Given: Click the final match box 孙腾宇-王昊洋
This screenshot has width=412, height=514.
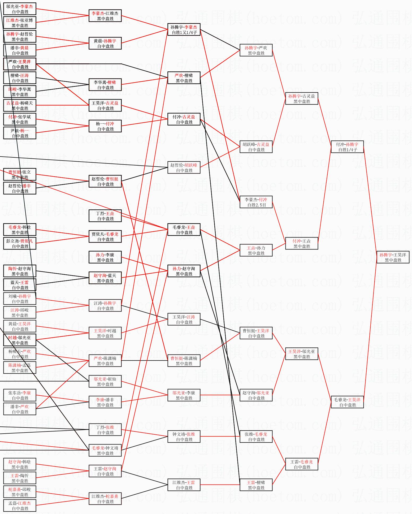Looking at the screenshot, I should coord(393,257).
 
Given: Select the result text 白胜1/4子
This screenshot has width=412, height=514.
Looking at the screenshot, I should coord(348,150).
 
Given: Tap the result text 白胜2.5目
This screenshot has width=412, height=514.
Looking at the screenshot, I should coord(256,205).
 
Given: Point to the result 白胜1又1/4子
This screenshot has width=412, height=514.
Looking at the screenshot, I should coord(184,32).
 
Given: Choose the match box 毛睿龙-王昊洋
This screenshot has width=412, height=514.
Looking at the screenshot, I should coord(347,402).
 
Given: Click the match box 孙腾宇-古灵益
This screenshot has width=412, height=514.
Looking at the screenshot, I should coord(302,98).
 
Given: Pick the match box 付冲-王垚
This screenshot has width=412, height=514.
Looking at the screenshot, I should coord(302,243).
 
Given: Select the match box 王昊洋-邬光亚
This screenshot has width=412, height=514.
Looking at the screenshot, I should coord(302,354).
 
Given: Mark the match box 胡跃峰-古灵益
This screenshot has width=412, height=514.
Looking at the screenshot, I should coord(256,147).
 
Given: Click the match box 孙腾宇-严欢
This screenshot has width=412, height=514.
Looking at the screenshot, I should coord(256,50).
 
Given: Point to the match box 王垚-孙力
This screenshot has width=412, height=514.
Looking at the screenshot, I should coord(256,250).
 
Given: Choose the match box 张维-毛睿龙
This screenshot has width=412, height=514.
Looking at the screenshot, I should coord(256,437).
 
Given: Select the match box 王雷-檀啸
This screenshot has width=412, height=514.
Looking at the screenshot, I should coord(256,485).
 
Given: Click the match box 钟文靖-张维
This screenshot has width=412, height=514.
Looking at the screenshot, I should coord(184,437).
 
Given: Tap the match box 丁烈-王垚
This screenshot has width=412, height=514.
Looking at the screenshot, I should coord(105,216).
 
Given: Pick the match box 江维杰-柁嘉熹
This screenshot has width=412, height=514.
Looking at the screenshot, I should coord(105,499).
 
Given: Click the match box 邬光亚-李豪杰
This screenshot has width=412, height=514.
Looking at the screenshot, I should coord(20,9).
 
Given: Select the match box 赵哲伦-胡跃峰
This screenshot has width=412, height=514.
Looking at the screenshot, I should coord(184,167).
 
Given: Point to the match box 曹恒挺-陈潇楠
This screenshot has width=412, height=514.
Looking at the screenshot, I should coord(184,361).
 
